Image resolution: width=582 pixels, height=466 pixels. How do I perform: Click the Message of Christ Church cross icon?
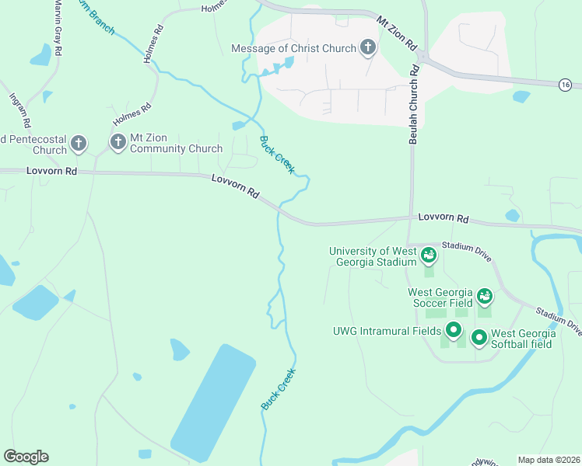tap(368, 48)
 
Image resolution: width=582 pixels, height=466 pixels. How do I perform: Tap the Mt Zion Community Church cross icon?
tap(117, 141)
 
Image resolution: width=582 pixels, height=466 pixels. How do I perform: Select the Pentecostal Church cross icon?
tap(78, 143)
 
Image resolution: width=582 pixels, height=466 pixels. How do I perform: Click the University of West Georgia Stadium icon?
tap(428, 255)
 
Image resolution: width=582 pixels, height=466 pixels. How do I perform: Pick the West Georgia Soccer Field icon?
tap(485, 296)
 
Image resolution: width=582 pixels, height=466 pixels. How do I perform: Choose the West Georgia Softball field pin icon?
tap(479, 338)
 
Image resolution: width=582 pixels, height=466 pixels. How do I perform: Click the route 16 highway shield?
tap(565, 84)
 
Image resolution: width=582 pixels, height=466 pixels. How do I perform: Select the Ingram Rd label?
tap(19, 110)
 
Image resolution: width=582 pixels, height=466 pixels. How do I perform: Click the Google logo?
tap(26, 457)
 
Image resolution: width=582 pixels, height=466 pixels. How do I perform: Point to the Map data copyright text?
tap(549, 460)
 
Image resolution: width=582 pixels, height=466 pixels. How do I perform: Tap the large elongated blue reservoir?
tap(212, 402)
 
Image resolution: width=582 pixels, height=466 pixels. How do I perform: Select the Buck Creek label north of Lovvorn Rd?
tap(276, 155)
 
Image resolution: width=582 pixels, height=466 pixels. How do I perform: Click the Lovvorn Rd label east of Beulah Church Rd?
tap(443, 218)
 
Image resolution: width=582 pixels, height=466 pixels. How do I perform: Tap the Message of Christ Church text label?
tap(293, 48)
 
